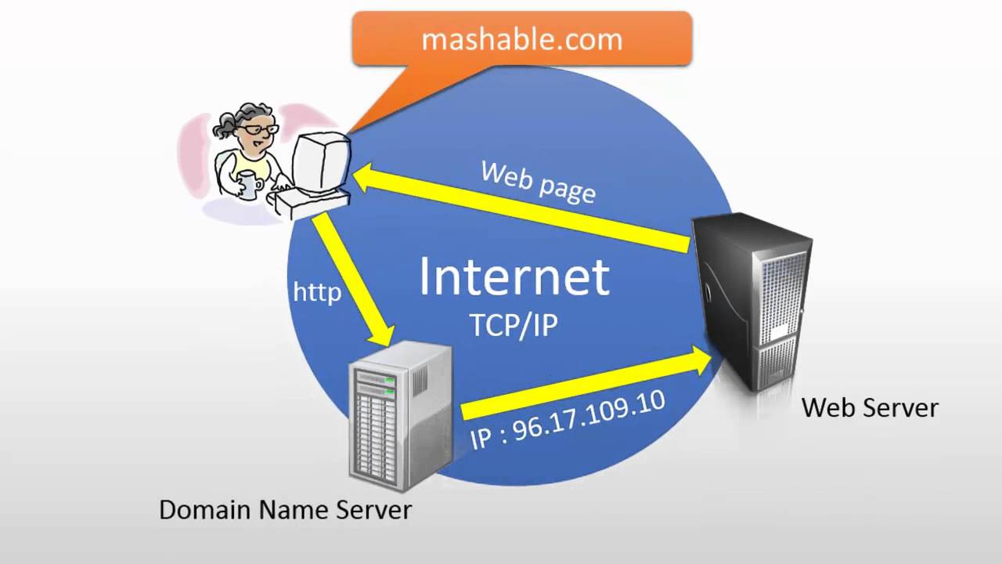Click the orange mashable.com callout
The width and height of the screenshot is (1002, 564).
pyautogui.click(x=521, y=39)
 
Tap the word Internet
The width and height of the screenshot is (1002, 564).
pyautogui.click(x=514, y=277)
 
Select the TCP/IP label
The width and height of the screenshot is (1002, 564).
pyautogui.click(x=514, y=324)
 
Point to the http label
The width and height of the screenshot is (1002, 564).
pyautogui.click(x=317, y=292)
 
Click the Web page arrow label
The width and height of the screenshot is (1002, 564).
pyautogui.click(x=539, y=182)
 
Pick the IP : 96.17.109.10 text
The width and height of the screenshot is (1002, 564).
pyautogui.click(x=568, y=421)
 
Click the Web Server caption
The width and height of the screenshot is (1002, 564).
pyautogui.click(x=870, y=407)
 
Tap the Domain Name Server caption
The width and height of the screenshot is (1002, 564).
pyautogui.click(x=285, y=510)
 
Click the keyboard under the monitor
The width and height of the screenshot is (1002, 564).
pyautogui.click(x=309, y=202)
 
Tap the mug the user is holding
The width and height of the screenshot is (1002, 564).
pyautogui.click(x=248, y=183)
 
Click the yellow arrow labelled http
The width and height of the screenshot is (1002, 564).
pyautogui.click(x=354, y=282)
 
